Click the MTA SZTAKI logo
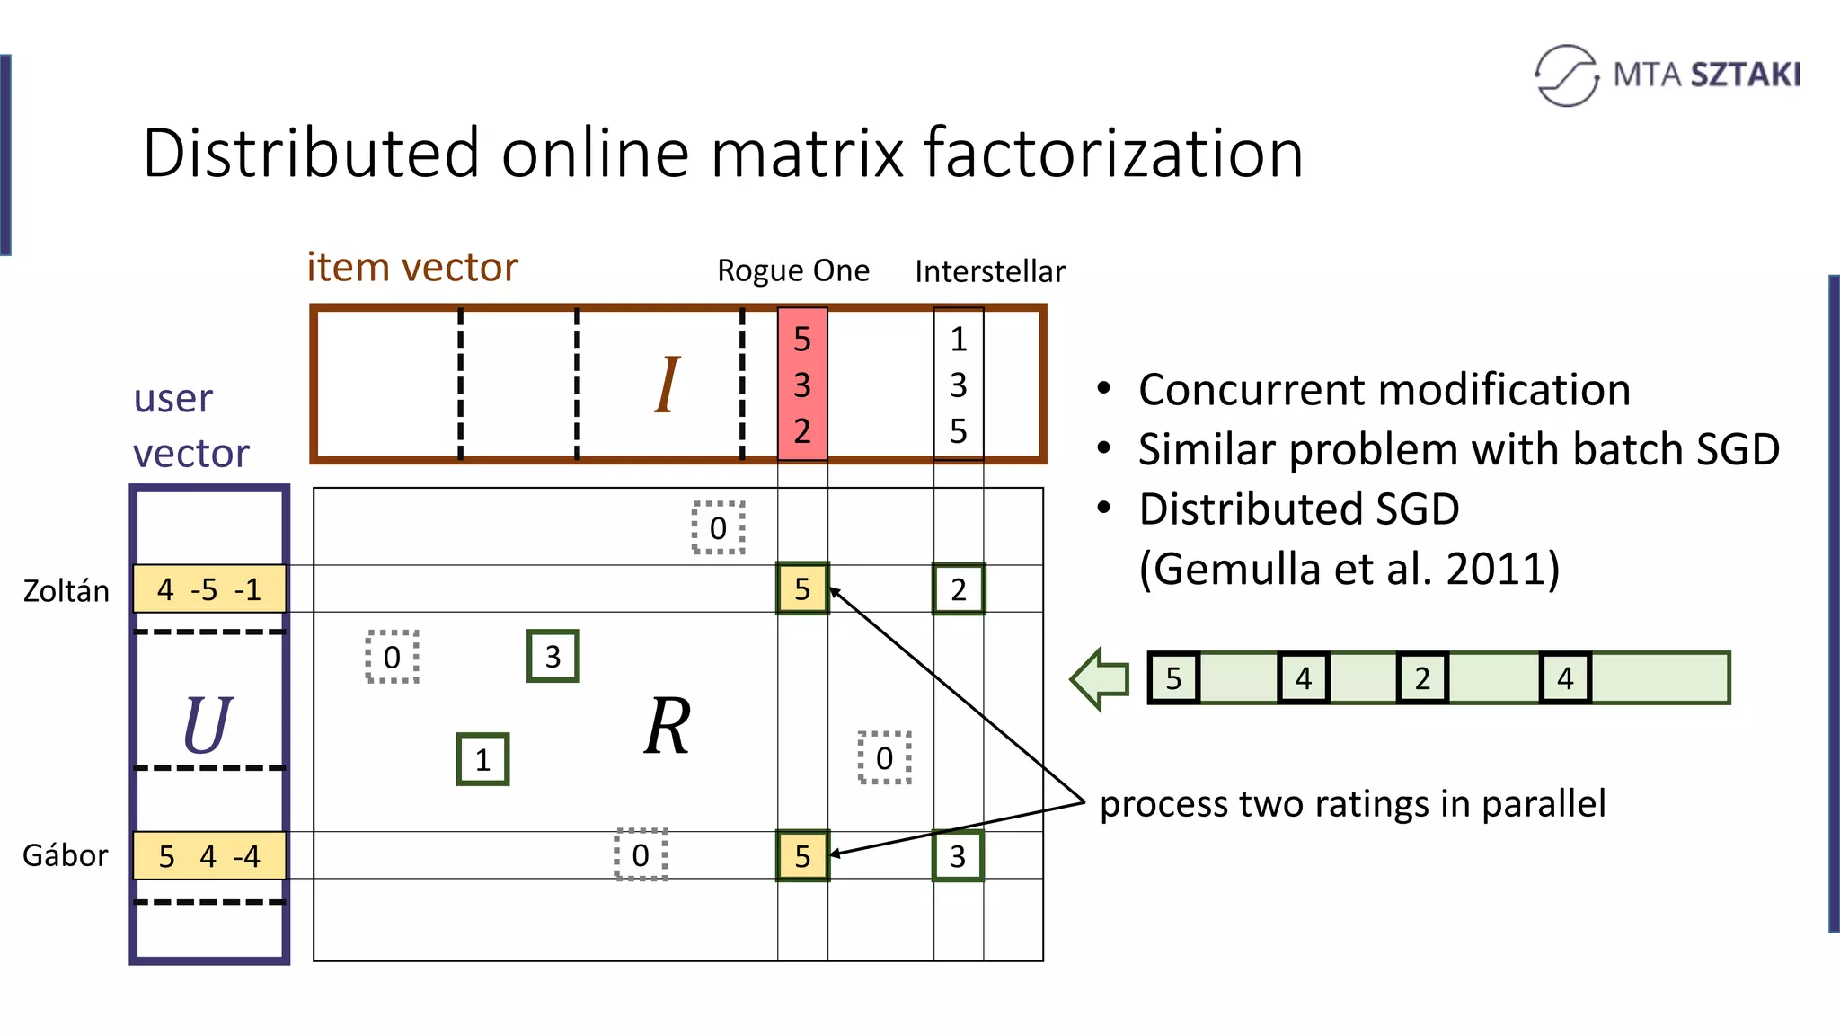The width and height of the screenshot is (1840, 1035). point(1667,75)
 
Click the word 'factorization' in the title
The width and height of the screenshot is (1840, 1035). point(1113,154)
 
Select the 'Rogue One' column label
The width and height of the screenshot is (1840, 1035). point(792,270)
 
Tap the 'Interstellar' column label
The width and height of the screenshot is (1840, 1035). point(989,271)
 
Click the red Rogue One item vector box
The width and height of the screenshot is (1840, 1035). point(802,385)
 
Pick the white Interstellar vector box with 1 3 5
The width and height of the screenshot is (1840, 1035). point(959,385)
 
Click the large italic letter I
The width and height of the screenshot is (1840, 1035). point(667,385)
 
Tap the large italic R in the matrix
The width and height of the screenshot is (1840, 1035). point(668,726)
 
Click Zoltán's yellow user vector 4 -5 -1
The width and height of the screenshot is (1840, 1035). point(209,589)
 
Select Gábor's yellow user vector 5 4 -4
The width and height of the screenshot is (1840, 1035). point(209,856)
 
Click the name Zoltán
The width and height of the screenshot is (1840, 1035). point(66,591)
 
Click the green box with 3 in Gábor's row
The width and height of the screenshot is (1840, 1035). point(958,856)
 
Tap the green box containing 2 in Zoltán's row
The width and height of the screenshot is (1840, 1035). point(959,589)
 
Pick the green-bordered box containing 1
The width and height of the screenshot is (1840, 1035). point(482,760)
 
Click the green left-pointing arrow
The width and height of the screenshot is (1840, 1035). point(1101,678)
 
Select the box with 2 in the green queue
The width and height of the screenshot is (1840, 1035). point(1422,678)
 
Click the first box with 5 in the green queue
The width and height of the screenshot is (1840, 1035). point(1173,678)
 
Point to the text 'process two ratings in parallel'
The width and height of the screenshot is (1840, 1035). point(1352,803)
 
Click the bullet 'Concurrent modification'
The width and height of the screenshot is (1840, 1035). point(1384,390)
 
